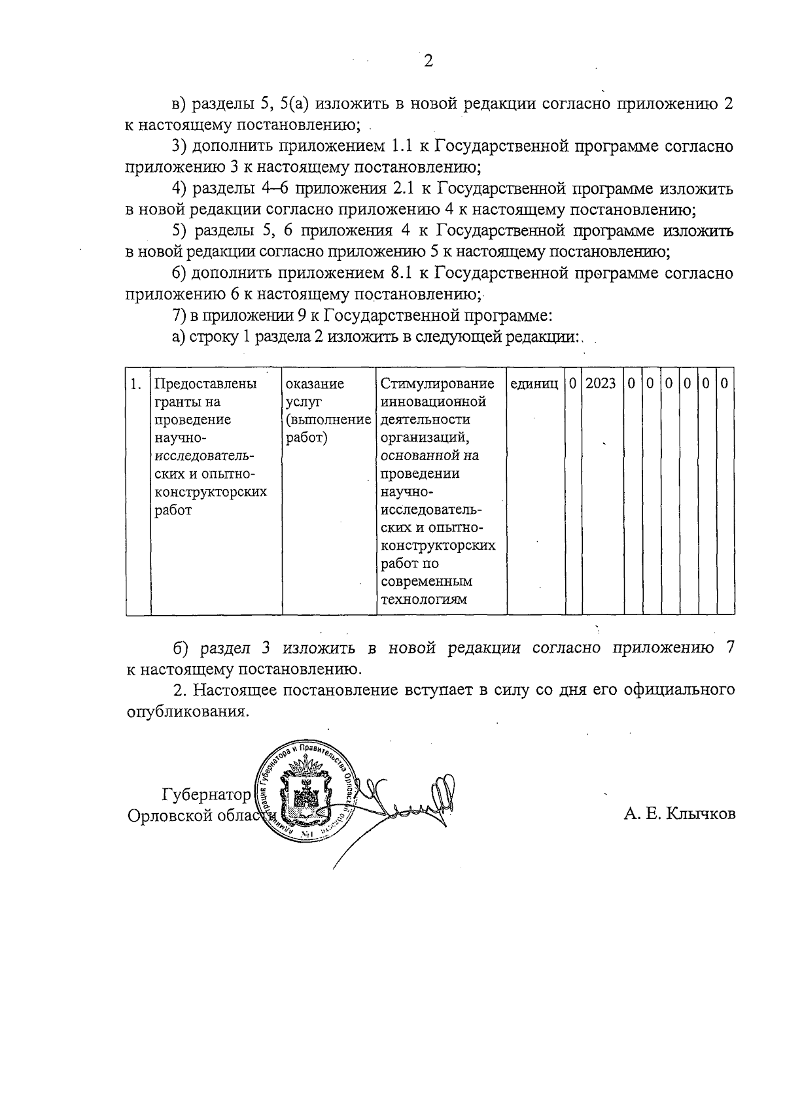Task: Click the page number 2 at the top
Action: [x=428, y=61]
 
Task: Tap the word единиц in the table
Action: [x=534, y=384]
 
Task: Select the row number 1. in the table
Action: [x=135, y=384]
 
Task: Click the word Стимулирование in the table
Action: [x=438, y=384]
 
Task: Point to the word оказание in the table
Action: [x=315, y=384]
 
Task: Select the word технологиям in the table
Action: [x=424, y=599]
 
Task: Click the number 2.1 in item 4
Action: [x=401, y=189]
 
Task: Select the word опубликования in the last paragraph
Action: [x=188, y=711]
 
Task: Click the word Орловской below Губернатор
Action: [x=169, y=816]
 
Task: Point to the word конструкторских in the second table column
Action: [x=211, y=492]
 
